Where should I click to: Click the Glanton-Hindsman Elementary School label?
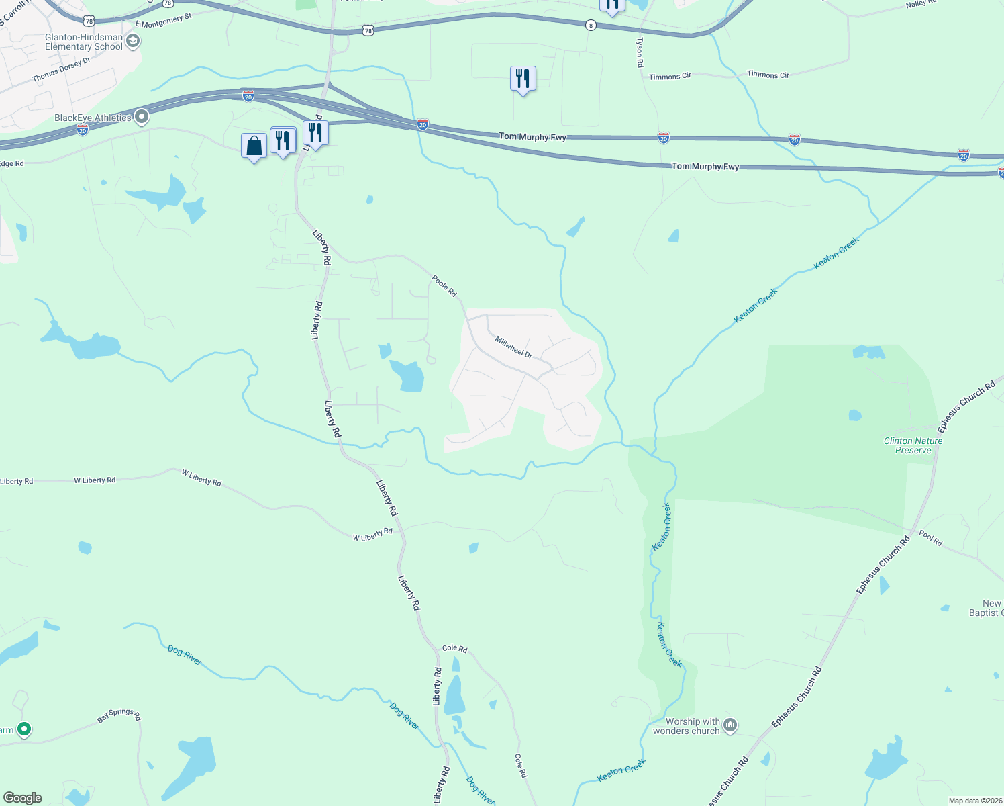coord(84,42)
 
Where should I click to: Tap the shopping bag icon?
coord(254,146)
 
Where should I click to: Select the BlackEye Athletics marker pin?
coord(142,118)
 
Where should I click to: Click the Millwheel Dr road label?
coord(513,347)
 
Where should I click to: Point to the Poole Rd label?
coord(444,285)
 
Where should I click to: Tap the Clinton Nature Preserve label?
coord(913,445)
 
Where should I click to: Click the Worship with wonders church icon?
coord(730,725)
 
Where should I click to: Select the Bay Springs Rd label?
coord(119,715)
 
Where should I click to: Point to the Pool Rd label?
coord(930,537)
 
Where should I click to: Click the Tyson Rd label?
coord(640,52)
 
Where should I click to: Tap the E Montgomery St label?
coord(164,20)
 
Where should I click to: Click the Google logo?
coord(23,798)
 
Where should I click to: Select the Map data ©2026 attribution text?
coord(974,801)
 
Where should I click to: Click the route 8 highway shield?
coord(591,25)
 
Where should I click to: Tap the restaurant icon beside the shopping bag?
coord(283,140)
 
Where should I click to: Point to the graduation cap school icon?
coord(133,42)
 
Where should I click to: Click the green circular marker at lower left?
coord(24,729)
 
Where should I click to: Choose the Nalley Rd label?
coord(920,4)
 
